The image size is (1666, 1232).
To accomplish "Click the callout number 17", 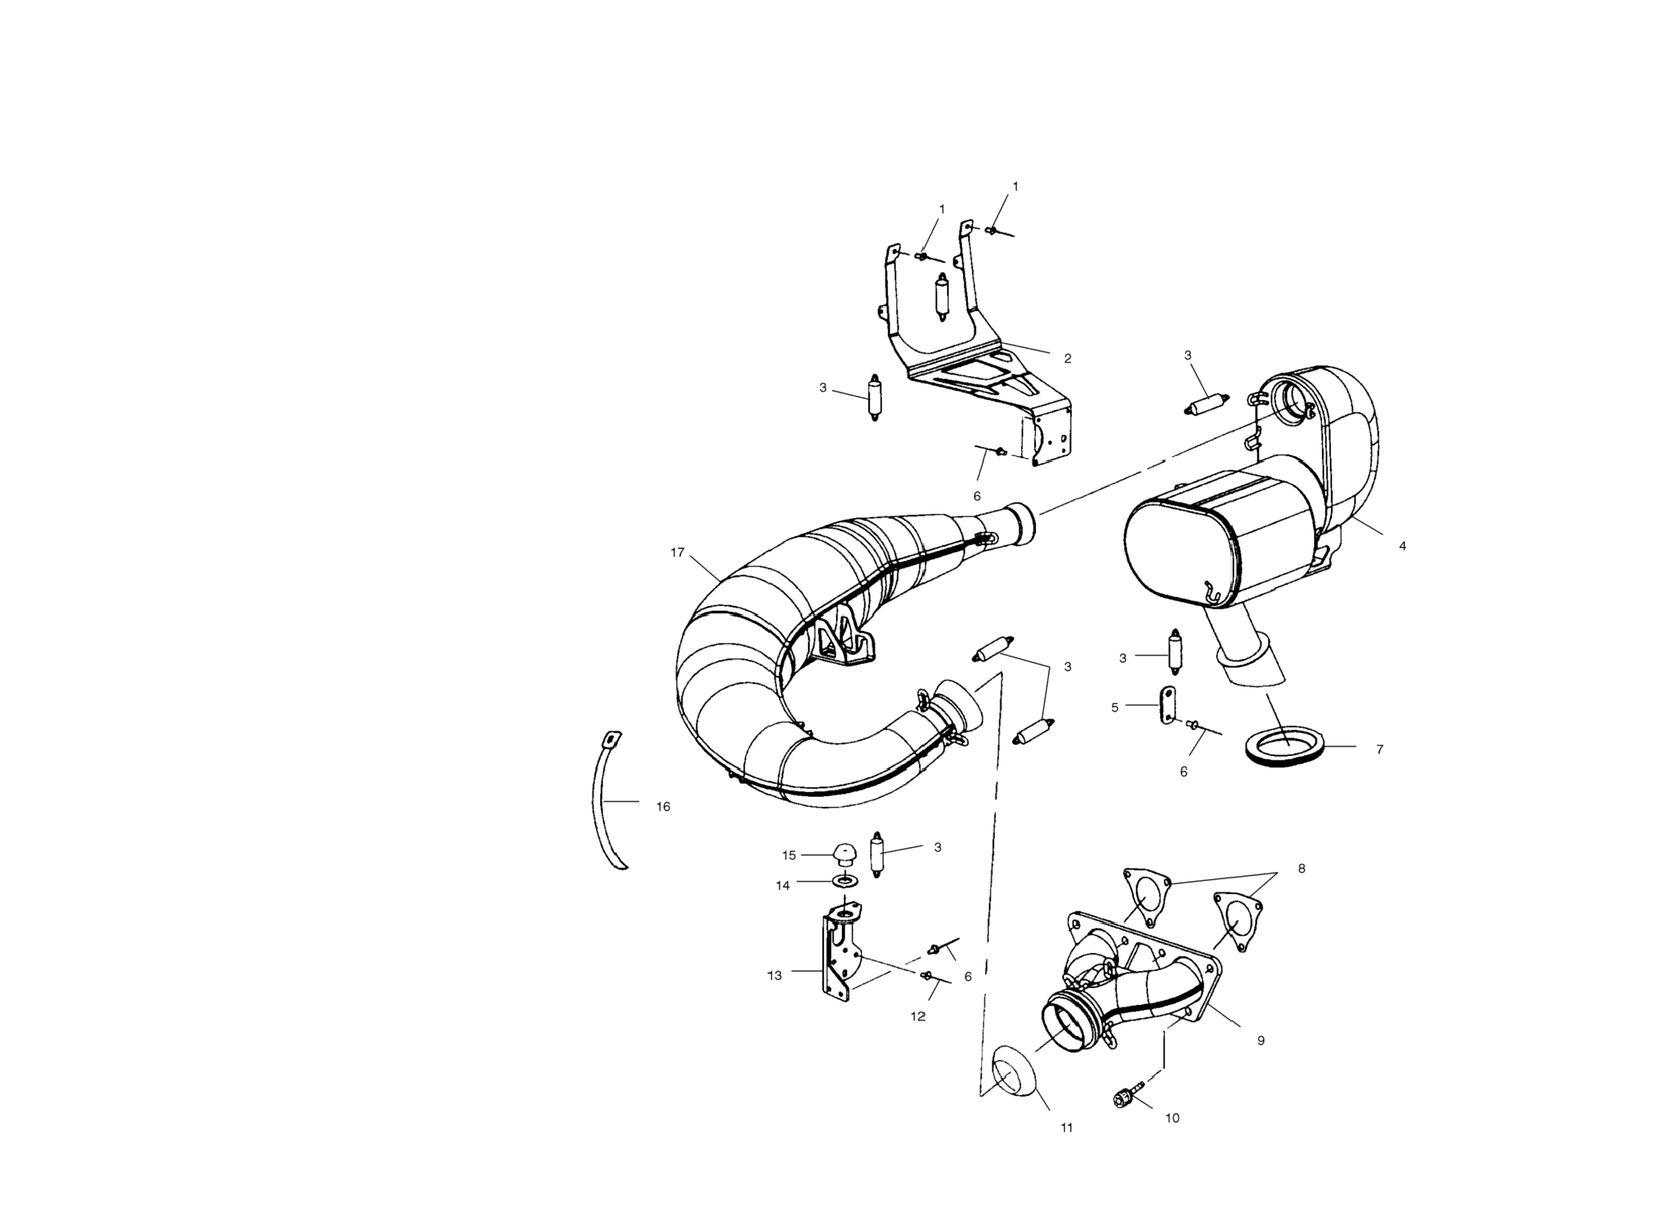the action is [x=677, y=552].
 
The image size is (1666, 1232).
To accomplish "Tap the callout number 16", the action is [x=663, y=807].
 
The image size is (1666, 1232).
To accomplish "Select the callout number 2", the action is [x=1068, y=359].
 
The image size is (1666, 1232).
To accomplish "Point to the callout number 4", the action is [x=1403, y=546].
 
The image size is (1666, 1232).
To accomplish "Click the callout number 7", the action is [x=1379, y=749].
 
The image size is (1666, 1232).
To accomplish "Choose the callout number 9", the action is [x=1261, y=1040].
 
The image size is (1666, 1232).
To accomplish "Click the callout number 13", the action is [x=774, y=975].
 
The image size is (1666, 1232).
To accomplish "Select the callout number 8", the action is [x=1302, y=869].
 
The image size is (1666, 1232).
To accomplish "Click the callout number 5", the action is [x=1114, y=708].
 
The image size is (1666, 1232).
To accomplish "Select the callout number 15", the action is [x=789, y=856].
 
